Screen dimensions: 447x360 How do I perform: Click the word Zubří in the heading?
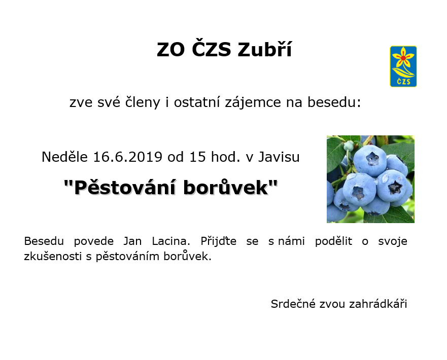coord(265,50)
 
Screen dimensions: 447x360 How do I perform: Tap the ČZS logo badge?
coord(403,66)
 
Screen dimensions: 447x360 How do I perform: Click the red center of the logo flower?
coord(403,58)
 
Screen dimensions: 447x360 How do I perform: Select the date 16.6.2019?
coord(128,157)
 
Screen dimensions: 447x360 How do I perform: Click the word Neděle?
coord(64,157)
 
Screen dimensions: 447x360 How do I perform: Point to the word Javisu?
coord(279,157)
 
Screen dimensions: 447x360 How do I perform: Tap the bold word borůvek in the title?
coord(226,188)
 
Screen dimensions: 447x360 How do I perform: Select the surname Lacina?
coord(171,241)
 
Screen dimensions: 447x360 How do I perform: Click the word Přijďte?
coord(218,241)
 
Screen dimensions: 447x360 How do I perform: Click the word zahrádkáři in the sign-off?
coord(378,304)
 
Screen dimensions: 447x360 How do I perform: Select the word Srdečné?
coord(293,304)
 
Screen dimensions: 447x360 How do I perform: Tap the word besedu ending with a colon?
coord(334,102)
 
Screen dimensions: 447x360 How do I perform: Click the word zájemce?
coord(253,102)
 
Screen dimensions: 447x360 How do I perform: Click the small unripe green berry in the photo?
coord(349,146)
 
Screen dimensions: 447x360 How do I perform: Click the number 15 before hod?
coord(197,157)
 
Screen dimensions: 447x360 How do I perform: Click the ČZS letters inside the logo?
coord(403,81)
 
